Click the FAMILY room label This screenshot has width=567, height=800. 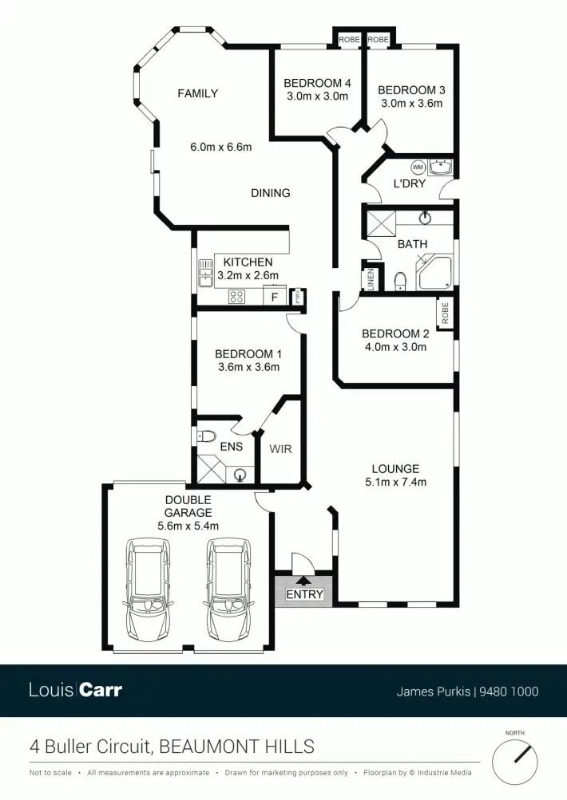click(x=197, y=93)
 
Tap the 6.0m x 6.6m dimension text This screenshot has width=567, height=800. click(x=220, y=147)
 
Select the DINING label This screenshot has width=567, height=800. click(x=270, y=193)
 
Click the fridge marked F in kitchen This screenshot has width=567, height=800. click(x=275, y=298)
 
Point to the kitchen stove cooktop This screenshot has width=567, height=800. click(x=237, y=297)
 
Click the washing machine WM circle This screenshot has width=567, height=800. click(x=418, y=167)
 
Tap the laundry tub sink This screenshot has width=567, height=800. click(x=440, y=167)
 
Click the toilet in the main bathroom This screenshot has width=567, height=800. click(x=401, y=282)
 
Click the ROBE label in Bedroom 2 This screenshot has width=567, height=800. click(x=445, y=311)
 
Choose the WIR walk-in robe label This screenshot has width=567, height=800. click(x=280, y=449)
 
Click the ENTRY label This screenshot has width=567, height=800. click(x=304, y=594)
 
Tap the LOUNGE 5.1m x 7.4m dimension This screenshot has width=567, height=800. click(x=395, y=482)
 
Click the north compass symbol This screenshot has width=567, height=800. click(x=514, y=762)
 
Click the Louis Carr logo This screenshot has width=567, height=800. click(x=76, y=690)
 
